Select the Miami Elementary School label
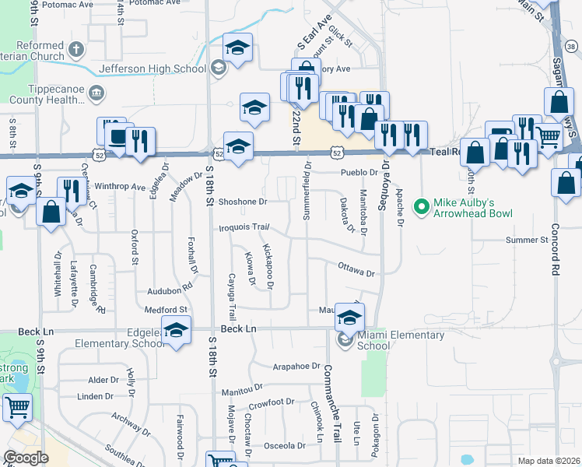(x=400, y=341)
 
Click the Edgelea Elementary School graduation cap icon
(x=177, y=331)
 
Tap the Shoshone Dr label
(x=242, y=202)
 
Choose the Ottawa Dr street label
(x=356, y=269)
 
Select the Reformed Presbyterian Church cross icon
(x=75, y=50)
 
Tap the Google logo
(x=26, y=458)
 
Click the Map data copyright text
(x=549, y=461)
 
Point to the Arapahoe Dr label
(x=296, y=366)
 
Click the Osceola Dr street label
(x=285, y=446)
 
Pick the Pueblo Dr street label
(x=358, y=173)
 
